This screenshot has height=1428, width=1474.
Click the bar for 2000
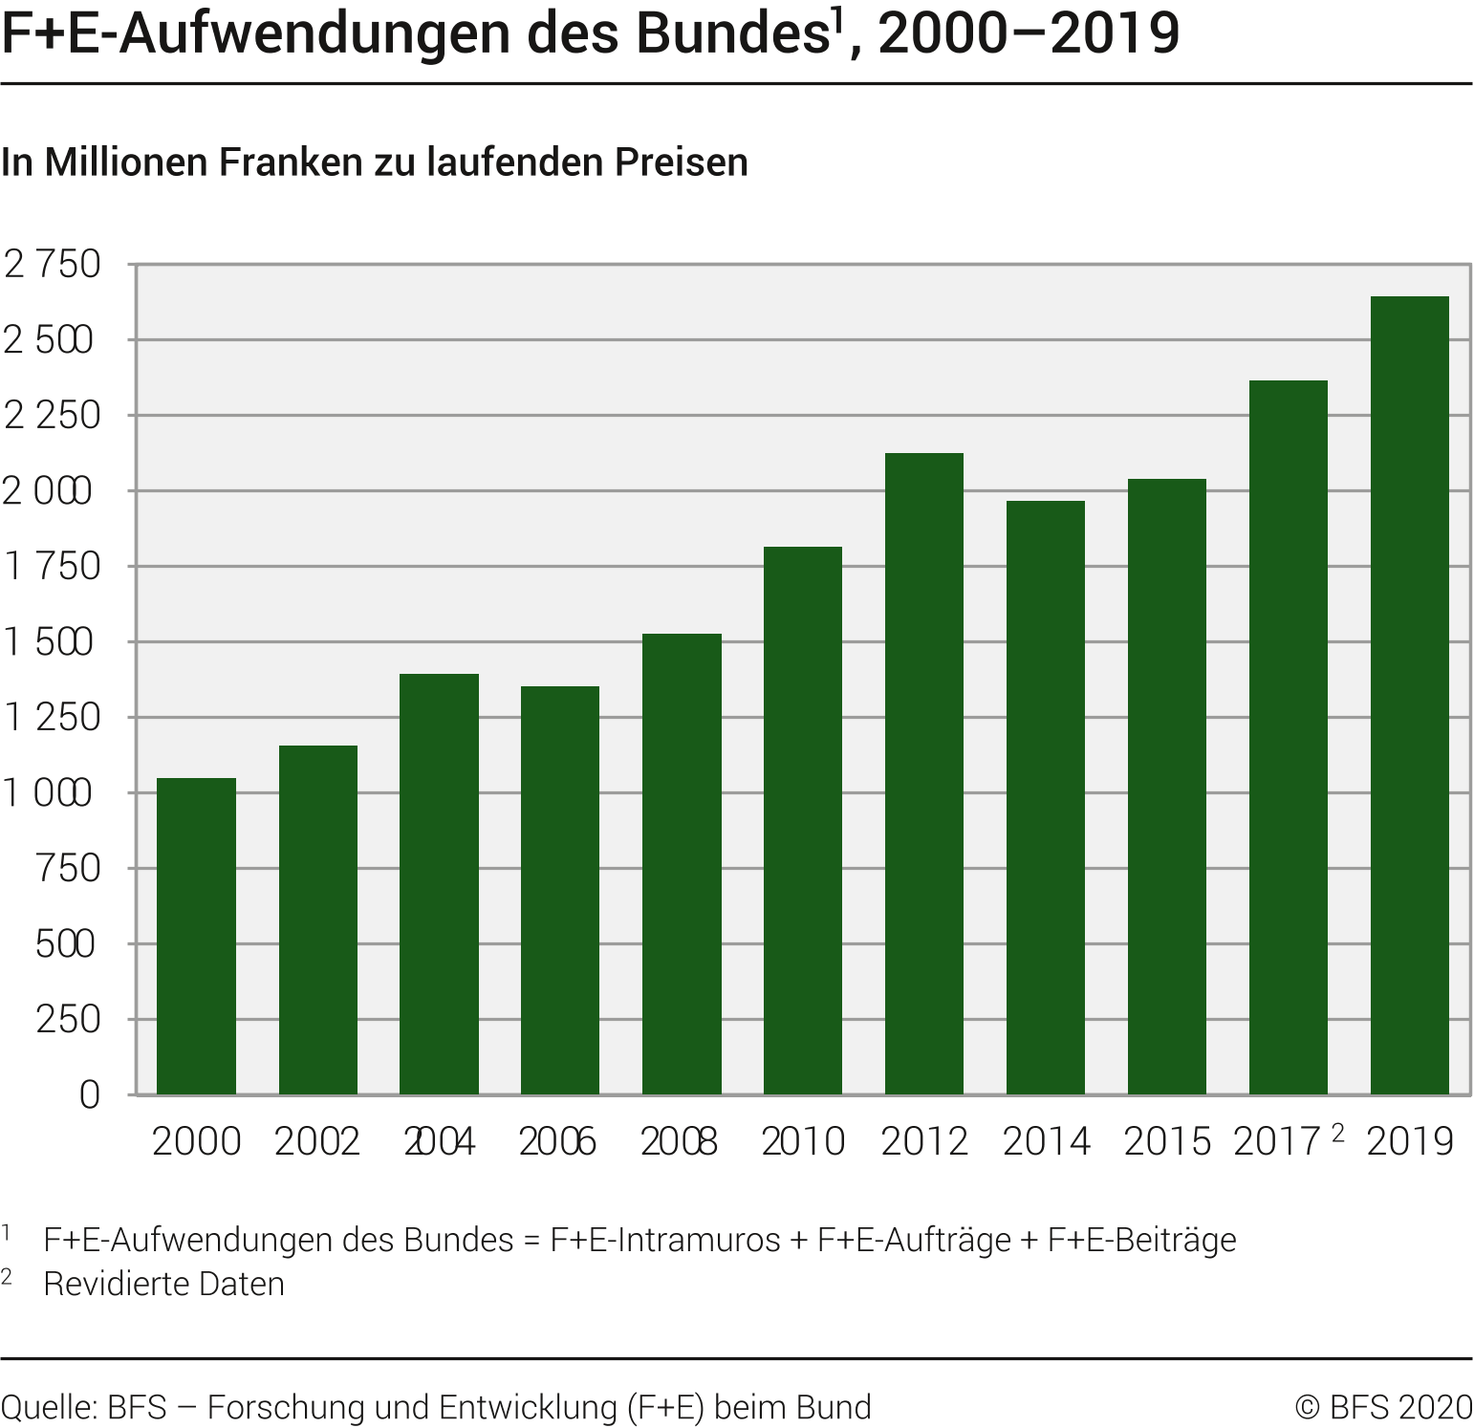[196, 936]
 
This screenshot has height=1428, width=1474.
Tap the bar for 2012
[923, 773]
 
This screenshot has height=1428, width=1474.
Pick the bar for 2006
[560, 890]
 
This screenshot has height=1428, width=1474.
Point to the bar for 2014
[1045, 797]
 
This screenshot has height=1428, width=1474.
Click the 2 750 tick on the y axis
[54, 265]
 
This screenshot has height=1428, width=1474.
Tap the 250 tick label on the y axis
[68, 1020]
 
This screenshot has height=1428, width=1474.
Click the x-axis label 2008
[679, 1142]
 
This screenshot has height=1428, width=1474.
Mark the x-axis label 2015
[1166, 1142]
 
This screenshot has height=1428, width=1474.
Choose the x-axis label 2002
[317, 1142]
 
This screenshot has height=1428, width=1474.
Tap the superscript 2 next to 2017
[1336, 1134]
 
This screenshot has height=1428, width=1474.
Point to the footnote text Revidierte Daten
[164, 1284]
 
